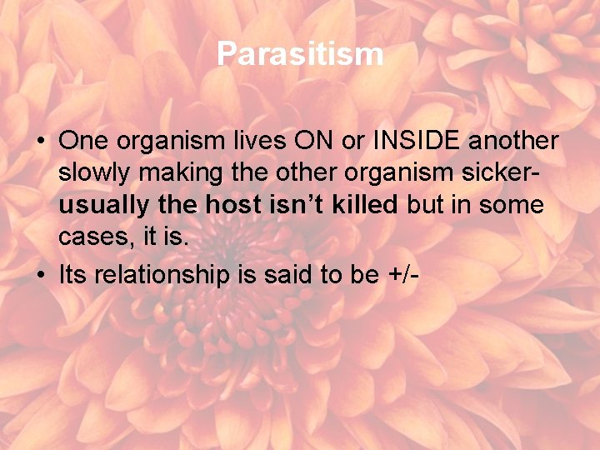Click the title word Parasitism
[300, 54]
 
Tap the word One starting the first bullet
[79, 140]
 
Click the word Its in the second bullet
[73, 276]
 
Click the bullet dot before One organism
[40, 141]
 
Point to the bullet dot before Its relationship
[40, 276]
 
